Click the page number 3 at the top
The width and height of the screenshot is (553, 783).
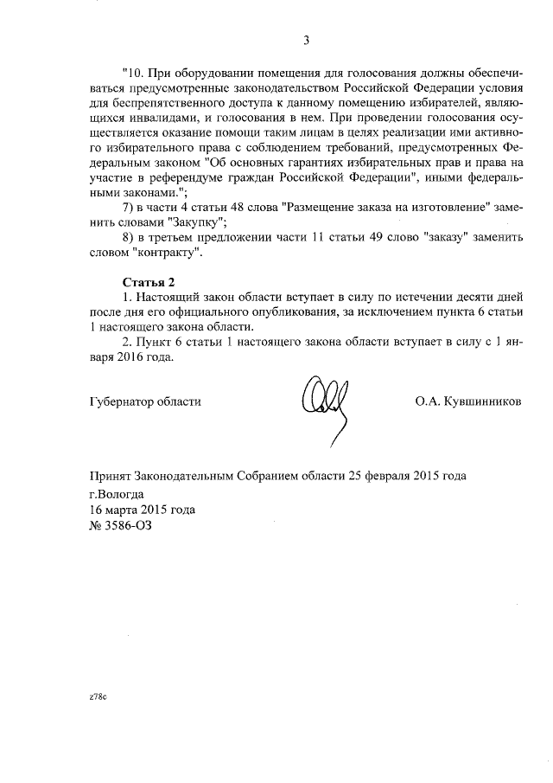pyautogui.click(x=306, y=39)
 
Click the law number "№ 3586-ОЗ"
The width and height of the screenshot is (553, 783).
pyautogui.click(x=121, y=525)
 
